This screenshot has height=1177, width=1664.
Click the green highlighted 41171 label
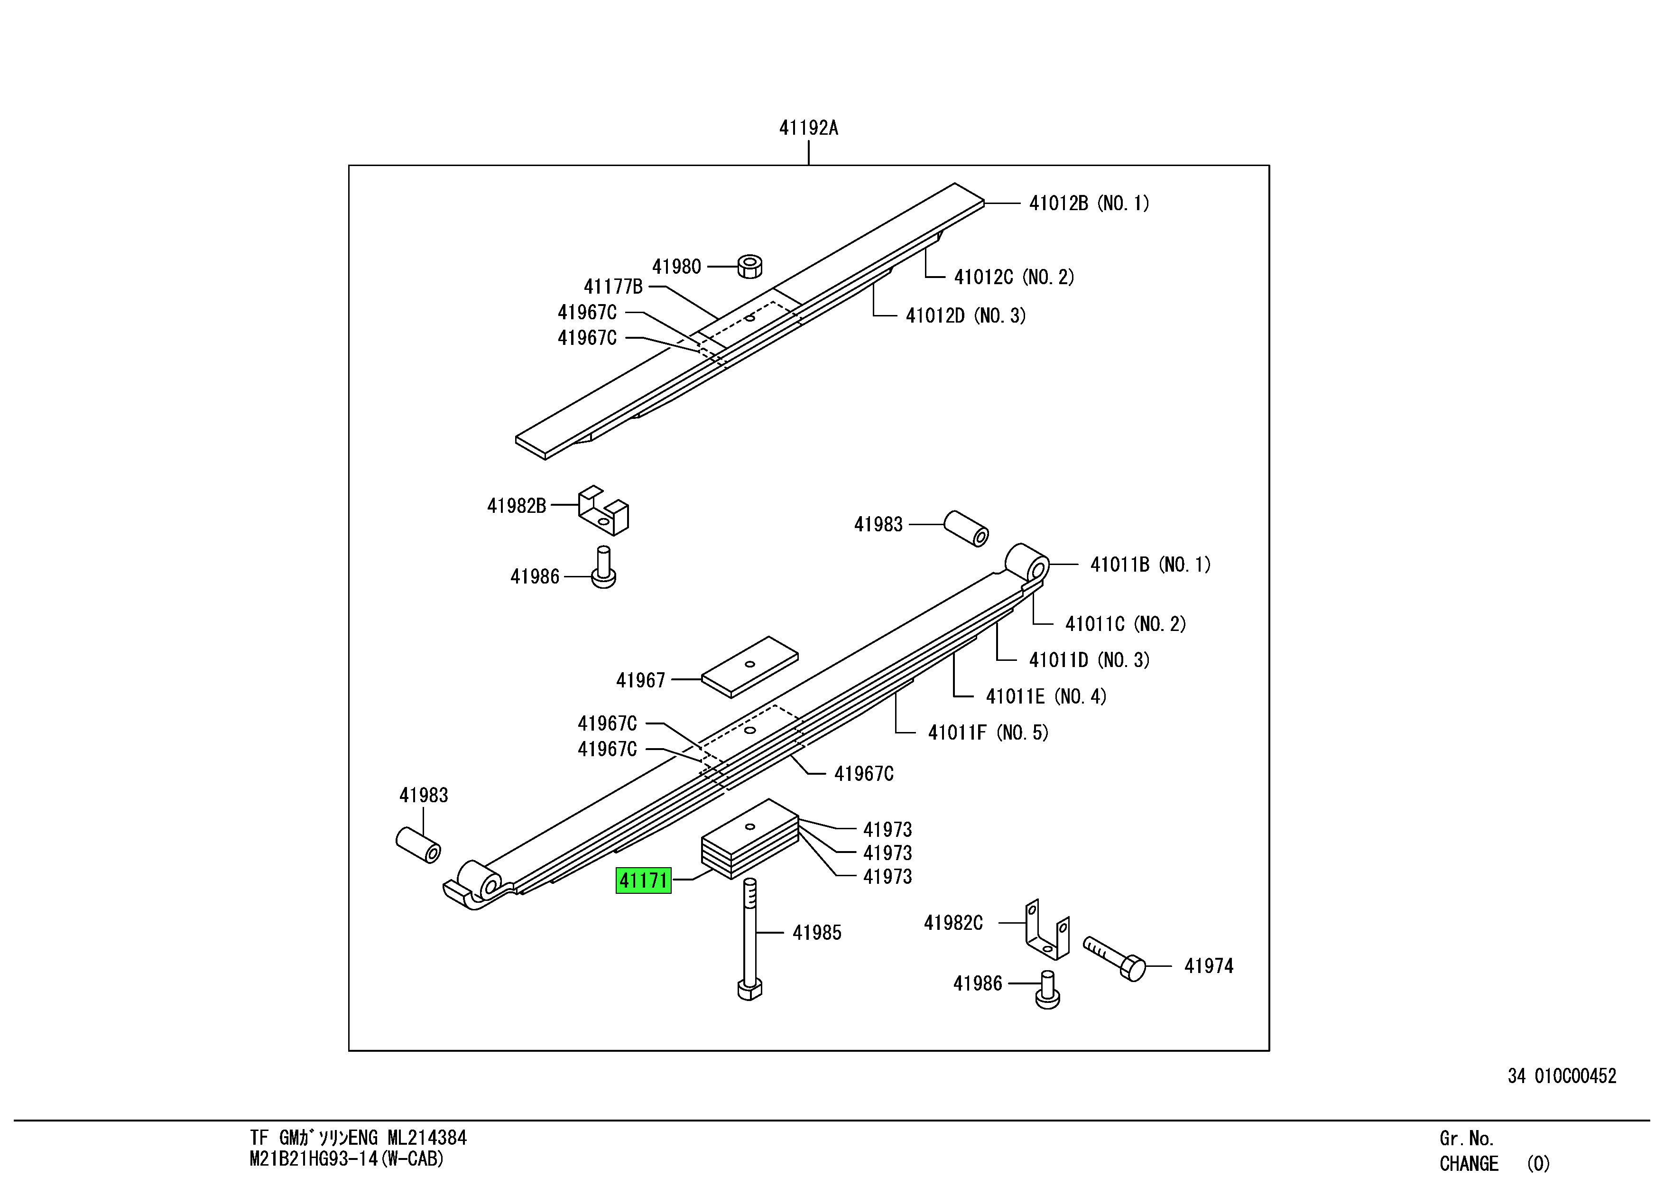coord(643,880)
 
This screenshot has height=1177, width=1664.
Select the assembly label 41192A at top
coord(808,128)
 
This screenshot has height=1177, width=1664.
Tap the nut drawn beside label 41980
coord(749,266)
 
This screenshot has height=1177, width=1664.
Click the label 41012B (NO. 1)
coord(1089,203)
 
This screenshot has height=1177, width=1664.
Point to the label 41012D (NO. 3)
coord(965,315)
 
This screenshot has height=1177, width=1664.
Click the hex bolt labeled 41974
coord(1115,958)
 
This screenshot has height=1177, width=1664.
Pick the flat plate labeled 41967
coord(749,667)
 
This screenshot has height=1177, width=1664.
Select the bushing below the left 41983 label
coord(418,845)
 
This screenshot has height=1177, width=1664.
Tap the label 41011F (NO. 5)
coord(988,733)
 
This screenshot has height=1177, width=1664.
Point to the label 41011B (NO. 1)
coord(1150,565)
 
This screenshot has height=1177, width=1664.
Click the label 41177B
coord(613,287)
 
